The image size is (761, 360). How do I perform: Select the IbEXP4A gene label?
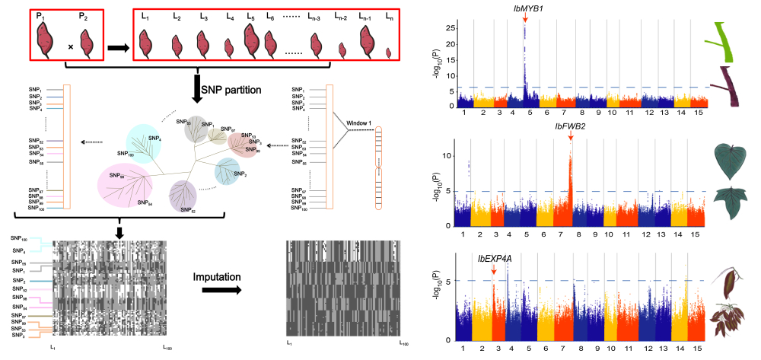(x=495, y=260)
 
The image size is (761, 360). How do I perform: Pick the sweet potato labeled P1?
(x=48, y=40)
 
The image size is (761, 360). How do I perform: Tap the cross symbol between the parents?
(x=71, y=47)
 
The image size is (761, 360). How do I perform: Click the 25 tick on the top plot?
(x=450, y=27)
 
